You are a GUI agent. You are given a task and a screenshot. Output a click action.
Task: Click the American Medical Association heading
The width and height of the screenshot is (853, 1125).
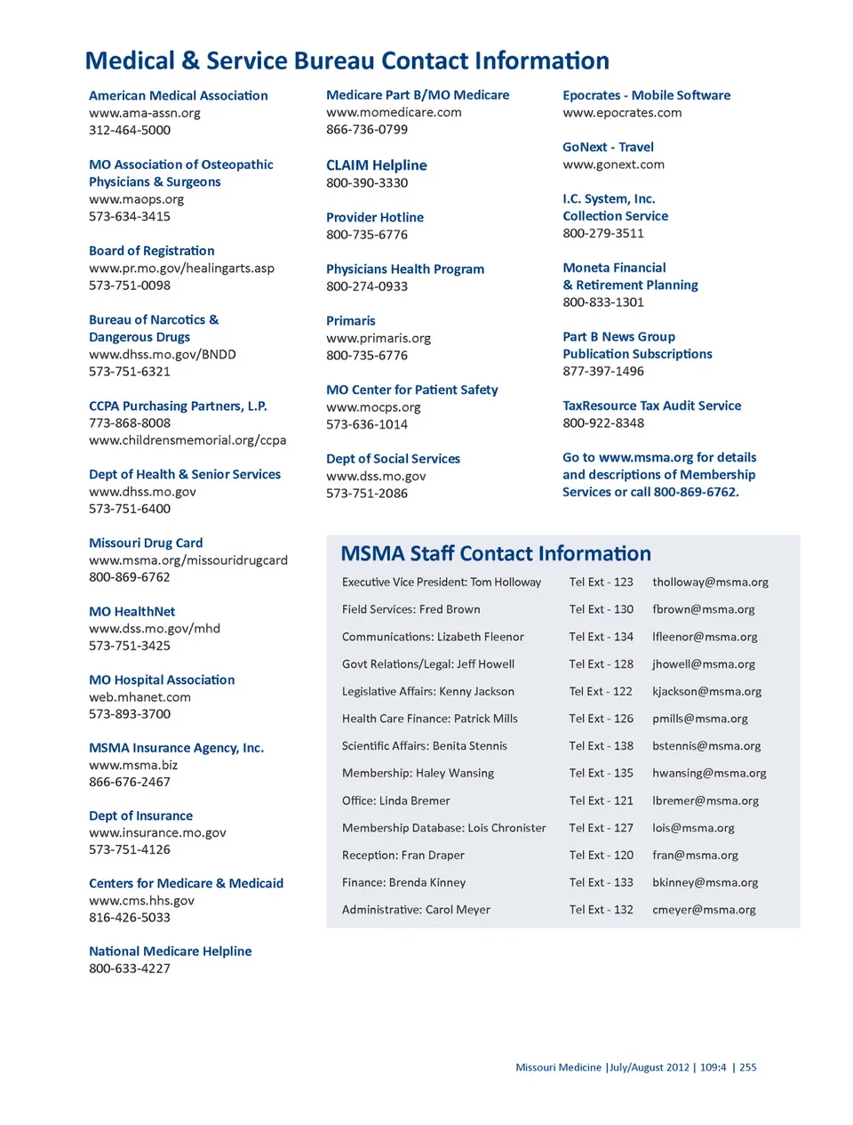click(178, 95)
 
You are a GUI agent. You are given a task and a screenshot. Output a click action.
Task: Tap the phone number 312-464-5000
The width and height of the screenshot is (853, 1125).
click(130, 130)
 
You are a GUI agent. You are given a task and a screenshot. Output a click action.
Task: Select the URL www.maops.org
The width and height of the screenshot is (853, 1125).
click(136, 199)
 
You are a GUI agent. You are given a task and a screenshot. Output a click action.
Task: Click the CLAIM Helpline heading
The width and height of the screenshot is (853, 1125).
click(376, 165)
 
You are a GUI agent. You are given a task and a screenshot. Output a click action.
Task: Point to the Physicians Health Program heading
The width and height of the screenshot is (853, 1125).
click(405, 269)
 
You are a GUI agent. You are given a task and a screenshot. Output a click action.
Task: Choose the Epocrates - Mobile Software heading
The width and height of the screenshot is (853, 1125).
click(646, 95)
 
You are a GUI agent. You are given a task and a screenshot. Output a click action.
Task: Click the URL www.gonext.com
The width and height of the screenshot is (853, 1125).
click(613, 165)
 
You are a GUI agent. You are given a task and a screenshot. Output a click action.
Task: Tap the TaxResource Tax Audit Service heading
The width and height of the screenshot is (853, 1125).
click(651, 406)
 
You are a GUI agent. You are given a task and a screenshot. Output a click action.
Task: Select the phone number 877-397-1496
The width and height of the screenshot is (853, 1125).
click(603, 371)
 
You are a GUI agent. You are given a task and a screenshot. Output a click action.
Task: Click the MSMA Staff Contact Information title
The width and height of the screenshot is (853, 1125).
click(496, 554)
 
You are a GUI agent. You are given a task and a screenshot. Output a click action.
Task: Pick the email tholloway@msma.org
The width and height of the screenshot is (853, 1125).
click(710, 583)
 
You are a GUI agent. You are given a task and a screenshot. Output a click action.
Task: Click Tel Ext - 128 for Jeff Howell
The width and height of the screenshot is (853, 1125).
click(601, 664)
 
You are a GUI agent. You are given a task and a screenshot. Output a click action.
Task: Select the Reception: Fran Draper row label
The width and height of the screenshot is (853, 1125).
click(403, 856)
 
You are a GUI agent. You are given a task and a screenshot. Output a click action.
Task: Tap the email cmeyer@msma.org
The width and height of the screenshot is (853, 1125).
click(704, 910)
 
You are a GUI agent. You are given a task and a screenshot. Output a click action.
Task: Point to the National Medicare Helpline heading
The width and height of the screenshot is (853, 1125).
click(170, 952)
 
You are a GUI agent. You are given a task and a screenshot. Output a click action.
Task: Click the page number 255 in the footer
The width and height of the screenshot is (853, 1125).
click(748, 1067)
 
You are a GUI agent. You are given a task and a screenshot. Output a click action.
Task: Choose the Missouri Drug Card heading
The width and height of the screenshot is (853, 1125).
click(146, 542)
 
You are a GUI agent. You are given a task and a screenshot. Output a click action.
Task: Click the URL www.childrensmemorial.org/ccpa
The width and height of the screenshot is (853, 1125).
click(187, 440)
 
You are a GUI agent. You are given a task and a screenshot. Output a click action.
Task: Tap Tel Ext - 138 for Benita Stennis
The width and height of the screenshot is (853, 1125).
click(601, 746)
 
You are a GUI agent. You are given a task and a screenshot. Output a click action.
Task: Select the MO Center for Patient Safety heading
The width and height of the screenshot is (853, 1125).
click(411, 390)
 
